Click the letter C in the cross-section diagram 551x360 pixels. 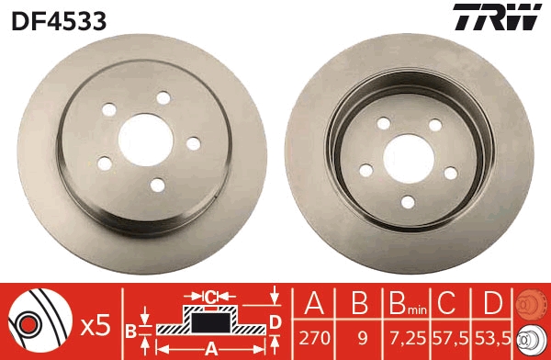[210, 297]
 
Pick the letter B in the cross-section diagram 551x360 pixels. [131, 330]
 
